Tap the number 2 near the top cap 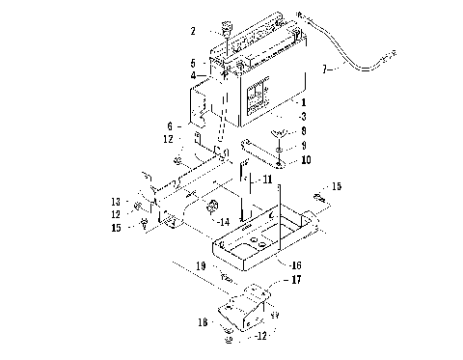[x=194, y=31]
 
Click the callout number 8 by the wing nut [x=305, y=129]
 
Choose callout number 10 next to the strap [x=306, y=159]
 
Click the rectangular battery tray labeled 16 [x=260, y=232]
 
